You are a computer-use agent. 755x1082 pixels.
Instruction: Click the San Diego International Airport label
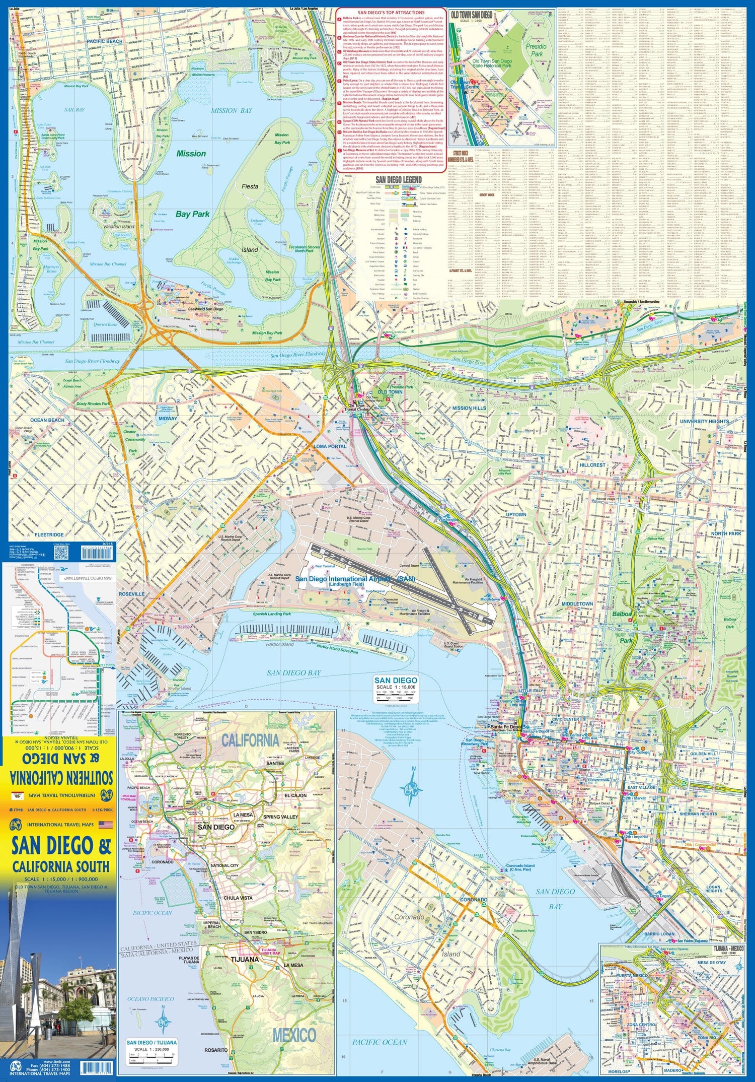[x=355, y=579]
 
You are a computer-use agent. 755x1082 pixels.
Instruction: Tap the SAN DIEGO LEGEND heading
[x=399, y=180]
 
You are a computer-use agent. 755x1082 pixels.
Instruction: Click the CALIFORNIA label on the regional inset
[x=250, y=740]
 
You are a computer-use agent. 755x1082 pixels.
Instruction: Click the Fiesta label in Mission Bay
[x=250, y=186]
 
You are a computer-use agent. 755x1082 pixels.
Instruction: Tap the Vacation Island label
[x=119, y=227]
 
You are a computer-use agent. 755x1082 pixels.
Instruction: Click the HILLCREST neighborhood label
[x=592, y=465]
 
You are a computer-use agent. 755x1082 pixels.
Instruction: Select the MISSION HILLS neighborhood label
[x=469, y=408]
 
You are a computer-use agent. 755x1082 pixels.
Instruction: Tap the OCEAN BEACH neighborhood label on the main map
[x=47, y=420]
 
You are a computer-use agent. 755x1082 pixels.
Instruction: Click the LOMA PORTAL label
[x=330, y=446]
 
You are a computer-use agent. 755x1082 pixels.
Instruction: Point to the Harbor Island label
[x=280, y=644]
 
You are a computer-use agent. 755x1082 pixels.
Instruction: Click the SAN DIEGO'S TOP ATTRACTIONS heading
[x=391, y=13]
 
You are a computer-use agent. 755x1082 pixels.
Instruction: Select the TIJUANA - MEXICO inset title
[x=728, y=948]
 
